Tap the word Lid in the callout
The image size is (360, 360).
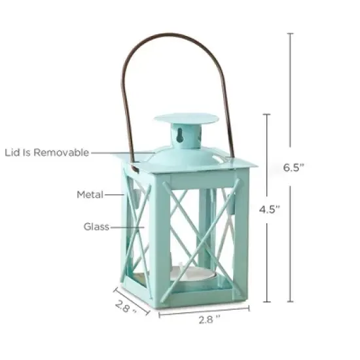(x=12, y=153)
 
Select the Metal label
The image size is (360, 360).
(x=90, y=194)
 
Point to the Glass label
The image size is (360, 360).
(x=96, y=227)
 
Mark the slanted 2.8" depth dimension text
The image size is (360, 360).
(x=125, y=306)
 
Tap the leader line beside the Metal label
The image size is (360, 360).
(x=115, y=194)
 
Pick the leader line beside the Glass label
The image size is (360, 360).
(x=128, y=227)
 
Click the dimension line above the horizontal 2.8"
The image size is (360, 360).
(x=202, y=311)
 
